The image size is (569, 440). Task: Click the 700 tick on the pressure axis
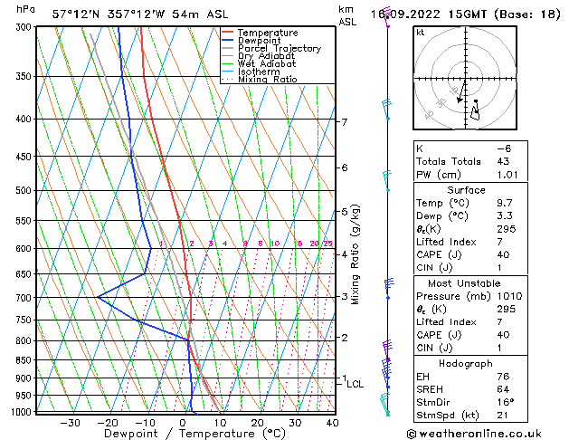tap(21, 298)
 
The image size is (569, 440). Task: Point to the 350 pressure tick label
tap(21, 76)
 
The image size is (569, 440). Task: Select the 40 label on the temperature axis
tap(332, 423)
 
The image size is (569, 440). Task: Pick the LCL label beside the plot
tap(356, 384)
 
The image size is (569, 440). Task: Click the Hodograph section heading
tap(466, 363)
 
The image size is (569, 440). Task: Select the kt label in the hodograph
tap(420, 33)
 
